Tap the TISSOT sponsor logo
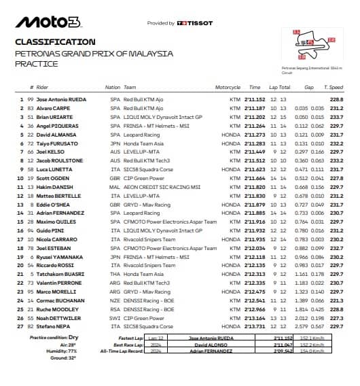(x=194, y=23)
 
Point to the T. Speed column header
(x=334, y=88)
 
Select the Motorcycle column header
(x=228, y=88)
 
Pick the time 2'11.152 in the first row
(x=256, y=100)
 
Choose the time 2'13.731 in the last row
(x=256, y=326)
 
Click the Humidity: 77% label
(x=42, y=351)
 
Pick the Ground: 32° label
(x=42, y=357)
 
